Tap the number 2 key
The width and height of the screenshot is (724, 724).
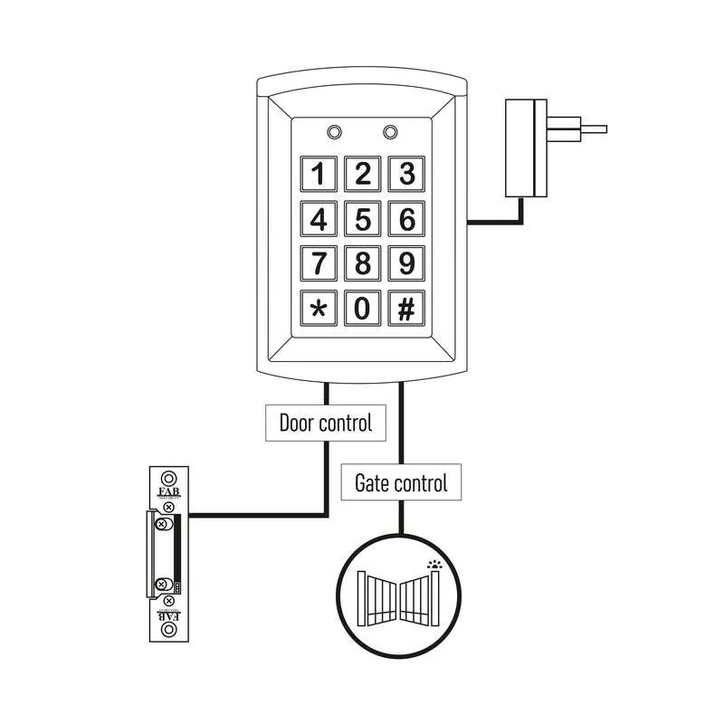(x=363, y=173)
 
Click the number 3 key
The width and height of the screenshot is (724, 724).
(x=407, y=173)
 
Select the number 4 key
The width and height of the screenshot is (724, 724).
(x=319, y=218)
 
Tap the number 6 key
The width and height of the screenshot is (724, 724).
(x=407, y=218)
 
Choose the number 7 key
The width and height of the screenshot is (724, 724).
(x=319, y=263)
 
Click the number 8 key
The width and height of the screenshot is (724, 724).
(x=363, y=263)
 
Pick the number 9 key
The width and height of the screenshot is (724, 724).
(x=407, y=263)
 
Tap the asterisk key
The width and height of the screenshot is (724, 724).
(x=319, y=309)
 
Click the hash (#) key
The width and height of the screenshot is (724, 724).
(x=407, y=309)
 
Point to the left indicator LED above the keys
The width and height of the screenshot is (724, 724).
(x=334, y=132)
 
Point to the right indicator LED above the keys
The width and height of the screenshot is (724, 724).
(x=390, y=132)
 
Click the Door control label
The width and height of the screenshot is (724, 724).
(x=325, y=423)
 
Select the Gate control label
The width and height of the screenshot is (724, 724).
(x=400, y=482)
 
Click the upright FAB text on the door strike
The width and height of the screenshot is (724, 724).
(x=168, y=493)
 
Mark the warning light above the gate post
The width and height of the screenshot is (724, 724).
(x=433, y=564)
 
